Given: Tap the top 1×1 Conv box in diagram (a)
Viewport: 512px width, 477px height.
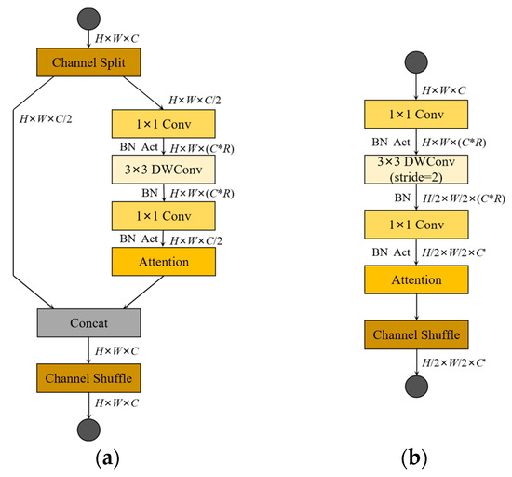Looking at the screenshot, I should [x=163, y=123].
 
